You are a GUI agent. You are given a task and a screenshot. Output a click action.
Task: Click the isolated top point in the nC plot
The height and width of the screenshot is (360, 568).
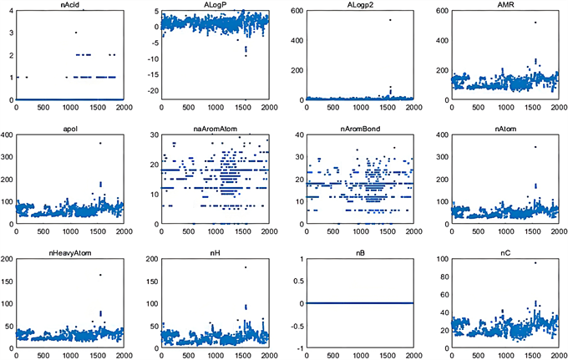point(535,262)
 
